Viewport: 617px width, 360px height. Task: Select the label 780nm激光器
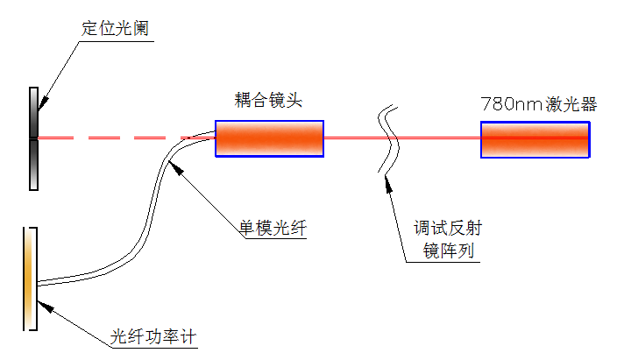[538, 103]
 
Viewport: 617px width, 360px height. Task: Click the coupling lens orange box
[269, 138]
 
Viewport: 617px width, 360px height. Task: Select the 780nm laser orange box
[535, 138]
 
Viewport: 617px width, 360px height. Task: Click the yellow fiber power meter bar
[30, 279]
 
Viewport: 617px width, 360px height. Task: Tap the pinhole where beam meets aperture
[33, 138]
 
